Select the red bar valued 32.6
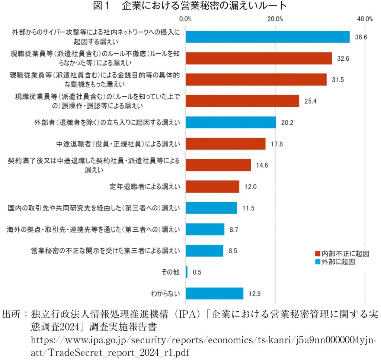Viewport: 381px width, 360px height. [x=259, y=58]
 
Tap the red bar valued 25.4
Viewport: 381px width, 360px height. [x=242, y=101]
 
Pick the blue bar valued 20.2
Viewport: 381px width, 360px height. [x=231, y=122]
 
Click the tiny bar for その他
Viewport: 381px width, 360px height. [x=186, y=272]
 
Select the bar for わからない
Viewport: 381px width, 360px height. [x=214, y=293]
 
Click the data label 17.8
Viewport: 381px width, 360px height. [x=277, y=144]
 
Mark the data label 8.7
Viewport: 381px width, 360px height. [x=234, y=229]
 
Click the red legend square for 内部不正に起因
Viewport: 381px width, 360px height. [x=317, y=254]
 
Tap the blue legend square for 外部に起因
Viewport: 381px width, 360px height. [x=317, y=262]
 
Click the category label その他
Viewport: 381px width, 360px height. [x=171, y=272]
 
